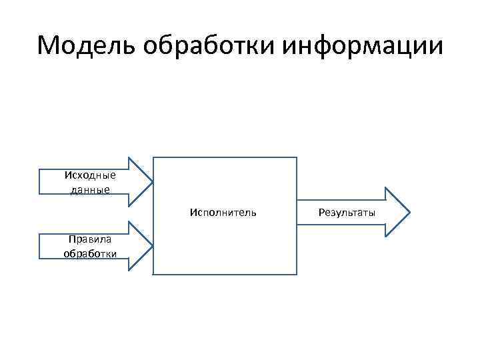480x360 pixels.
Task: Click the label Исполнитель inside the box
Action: pos(223,213)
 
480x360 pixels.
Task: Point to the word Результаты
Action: pos(347,213)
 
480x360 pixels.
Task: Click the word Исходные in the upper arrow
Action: pos(90,175)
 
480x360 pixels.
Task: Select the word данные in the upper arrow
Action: pos(90,189)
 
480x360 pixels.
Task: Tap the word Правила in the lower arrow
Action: pos(90,240)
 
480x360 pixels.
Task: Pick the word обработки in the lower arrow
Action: pos(90,253)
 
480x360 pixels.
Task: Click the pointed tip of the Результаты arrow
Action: pos(409,213)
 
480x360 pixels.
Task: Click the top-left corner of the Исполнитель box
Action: pos(154,157)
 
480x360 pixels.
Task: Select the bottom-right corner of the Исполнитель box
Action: pos(297,275)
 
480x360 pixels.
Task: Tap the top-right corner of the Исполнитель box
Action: pos(297,157)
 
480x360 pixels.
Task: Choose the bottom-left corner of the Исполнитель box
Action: pos(154,275)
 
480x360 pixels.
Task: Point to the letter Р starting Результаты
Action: pos(321,213)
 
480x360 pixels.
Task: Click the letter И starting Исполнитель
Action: pos(193,213)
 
